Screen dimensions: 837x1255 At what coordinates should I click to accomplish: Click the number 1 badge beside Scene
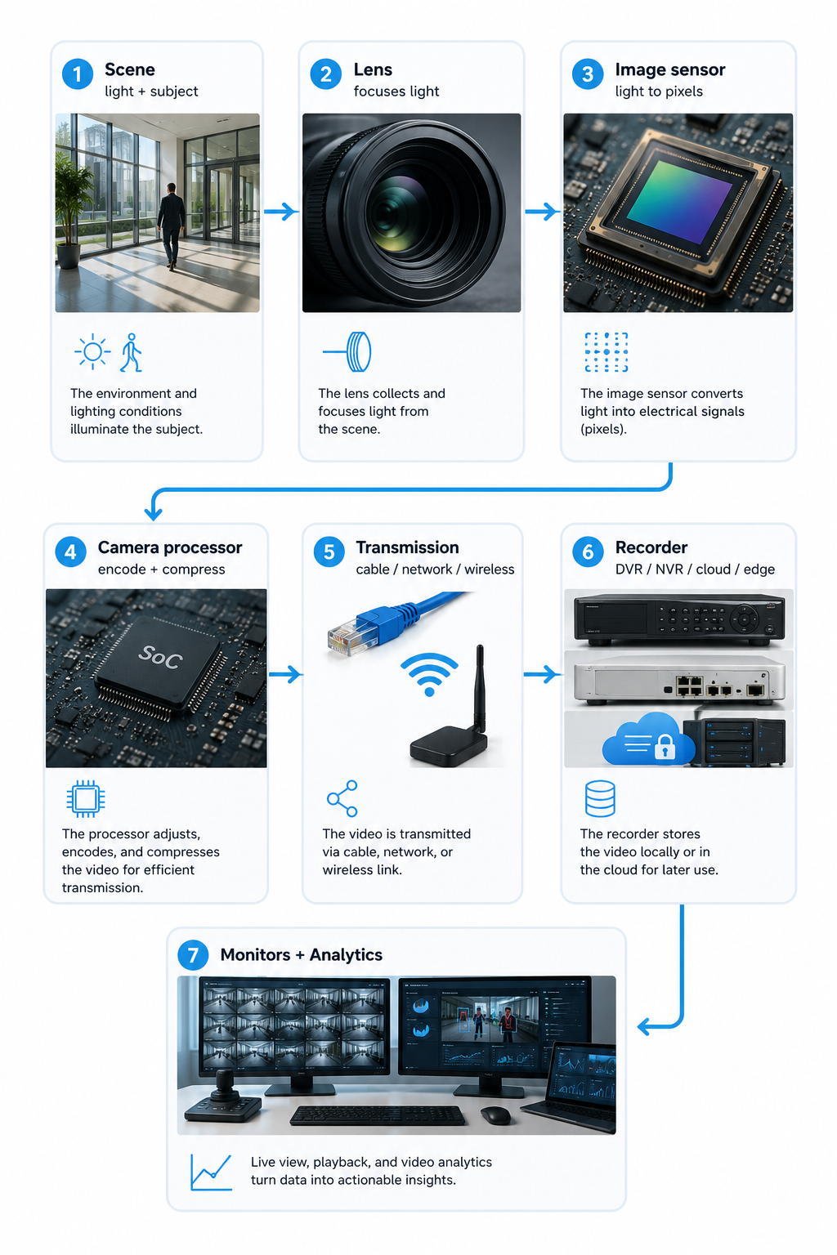click(78, 74)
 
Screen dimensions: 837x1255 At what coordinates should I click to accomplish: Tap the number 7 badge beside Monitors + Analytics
click(193, 954)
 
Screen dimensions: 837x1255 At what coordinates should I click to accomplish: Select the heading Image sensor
click(670, 69)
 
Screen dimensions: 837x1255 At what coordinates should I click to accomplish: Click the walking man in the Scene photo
click(171, 226)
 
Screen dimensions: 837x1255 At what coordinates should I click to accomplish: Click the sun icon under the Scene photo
click(92, 352)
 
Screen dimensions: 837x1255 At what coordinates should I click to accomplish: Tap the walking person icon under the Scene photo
click(131, 352)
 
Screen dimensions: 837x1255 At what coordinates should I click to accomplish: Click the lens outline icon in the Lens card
click(347, 352)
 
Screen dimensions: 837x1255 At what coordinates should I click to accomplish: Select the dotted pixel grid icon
click(606, 352)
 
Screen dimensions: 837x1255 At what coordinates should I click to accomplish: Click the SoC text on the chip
click(160, 656)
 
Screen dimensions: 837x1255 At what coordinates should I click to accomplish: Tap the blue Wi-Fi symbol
click(429, 674)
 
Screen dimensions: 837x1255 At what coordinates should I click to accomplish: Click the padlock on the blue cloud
click(665, 747)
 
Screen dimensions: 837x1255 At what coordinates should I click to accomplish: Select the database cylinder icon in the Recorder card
click(600, 798)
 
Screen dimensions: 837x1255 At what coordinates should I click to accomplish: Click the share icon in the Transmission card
click(342, 798)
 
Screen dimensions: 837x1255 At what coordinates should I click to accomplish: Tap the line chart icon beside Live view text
click(211, 1172)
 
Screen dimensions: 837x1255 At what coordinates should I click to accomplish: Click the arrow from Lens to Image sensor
click(542, 212)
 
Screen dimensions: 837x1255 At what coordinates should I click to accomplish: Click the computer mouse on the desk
click(495, 1115)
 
